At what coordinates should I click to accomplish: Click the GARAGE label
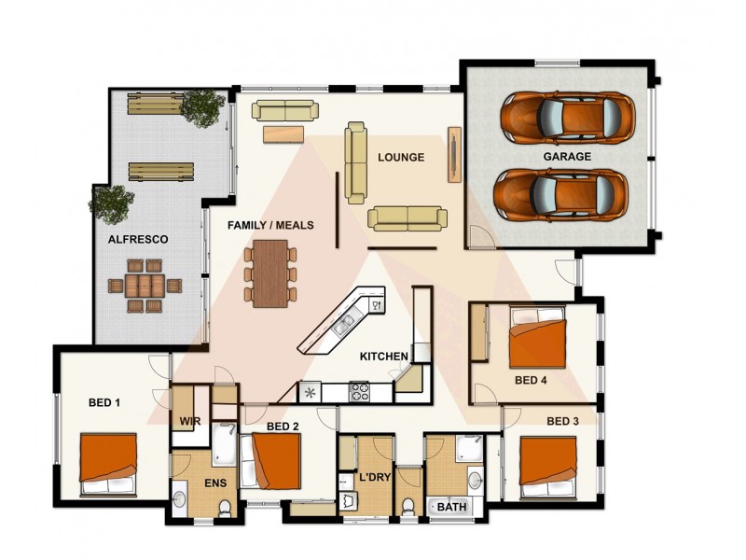567,157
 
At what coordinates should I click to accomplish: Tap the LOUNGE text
401,158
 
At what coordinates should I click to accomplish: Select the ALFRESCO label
138,240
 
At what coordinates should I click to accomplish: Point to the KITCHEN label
384,357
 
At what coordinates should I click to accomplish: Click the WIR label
189,421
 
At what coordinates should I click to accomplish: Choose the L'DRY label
374,478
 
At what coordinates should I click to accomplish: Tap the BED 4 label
532,381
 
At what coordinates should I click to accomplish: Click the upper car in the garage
566,116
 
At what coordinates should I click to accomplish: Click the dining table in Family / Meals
270,273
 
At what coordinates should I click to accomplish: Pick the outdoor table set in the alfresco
144,286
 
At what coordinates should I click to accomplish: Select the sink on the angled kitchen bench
344,324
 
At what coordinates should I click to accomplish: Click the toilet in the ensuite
225,508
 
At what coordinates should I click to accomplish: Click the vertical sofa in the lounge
355,161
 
